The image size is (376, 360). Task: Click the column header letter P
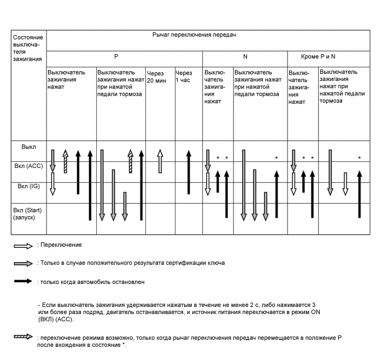pos(116,57)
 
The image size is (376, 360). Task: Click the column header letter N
pos(245,57)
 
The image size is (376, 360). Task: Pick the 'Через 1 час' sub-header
pos(184,76)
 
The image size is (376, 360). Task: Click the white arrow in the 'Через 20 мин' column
pos(160,161)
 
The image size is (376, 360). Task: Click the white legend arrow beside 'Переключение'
pos(23,245)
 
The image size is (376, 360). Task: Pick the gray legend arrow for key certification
pos(23,263)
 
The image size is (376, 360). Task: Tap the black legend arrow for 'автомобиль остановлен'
pos(23,282)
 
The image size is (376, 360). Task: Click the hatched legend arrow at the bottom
pos(23,337)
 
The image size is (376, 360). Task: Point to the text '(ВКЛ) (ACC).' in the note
pos(55,319)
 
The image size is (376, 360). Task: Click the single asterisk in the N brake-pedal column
pos(276,159)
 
